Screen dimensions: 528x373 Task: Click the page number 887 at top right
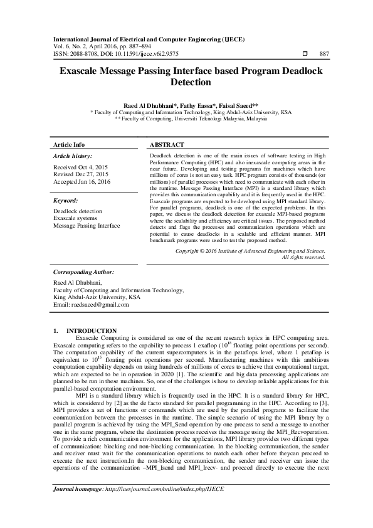tap(323, 54)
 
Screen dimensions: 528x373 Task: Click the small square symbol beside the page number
tap(305, 54)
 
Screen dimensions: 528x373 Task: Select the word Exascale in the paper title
tap(81, 72)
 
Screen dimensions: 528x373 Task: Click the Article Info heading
tap(69, 144)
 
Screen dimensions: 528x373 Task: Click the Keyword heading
tap(66, 201)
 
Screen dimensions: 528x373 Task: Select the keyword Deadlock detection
tap(78, 212)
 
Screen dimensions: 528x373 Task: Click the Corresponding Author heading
tap(83, 272)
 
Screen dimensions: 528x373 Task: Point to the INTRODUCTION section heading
tap(91, 330)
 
